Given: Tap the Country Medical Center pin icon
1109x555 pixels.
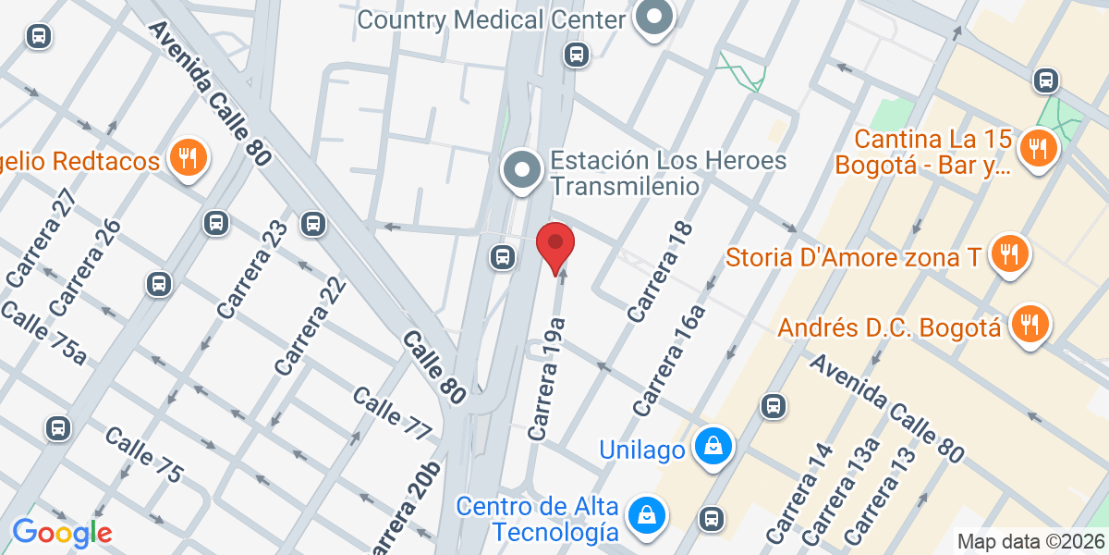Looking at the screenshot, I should click(x=655, y=17).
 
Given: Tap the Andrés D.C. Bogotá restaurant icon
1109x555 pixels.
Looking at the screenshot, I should click(x=1028, y=325).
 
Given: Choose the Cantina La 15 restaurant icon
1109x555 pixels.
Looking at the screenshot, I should click(x=1038, y=147).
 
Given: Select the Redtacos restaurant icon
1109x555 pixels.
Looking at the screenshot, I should click(x=188, y=159).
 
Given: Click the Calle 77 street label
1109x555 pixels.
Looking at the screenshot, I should click(x=392, y=413).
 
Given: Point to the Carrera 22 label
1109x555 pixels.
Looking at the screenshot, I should click(x=311, y=326).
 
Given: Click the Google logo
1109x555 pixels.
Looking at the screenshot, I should click(x=61, y=533).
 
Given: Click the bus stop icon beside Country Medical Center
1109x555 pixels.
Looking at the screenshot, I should click(x=577, y=55).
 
